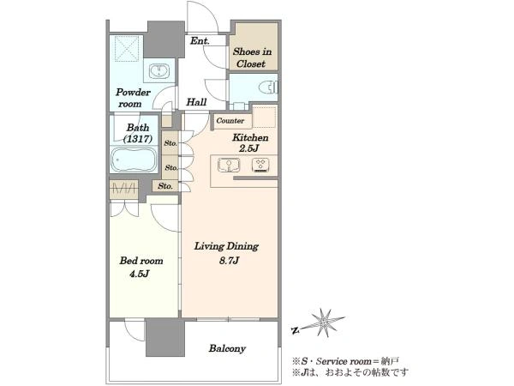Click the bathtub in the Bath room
click(134, 160)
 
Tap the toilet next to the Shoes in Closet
click(268, 88)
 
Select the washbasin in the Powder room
click(159, 71)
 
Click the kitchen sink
click(229, 165)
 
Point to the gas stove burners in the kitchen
click(261, 165)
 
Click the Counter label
click(230, 121)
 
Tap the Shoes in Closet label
click(252, 57)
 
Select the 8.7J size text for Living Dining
click(229, 261)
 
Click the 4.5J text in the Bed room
click(140, 274)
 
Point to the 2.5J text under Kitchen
click(249, 148)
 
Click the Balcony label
click(227, 348)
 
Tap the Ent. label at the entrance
click(200, 41)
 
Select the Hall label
click(196, 102)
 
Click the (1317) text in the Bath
click(138, 139)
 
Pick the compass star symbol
click(325, 323)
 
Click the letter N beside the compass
click(295, 330)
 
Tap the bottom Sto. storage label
click(165, 186)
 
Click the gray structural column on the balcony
click(165, 338)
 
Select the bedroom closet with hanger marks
click(123, 189)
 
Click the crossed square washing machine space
click(127, 49)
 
